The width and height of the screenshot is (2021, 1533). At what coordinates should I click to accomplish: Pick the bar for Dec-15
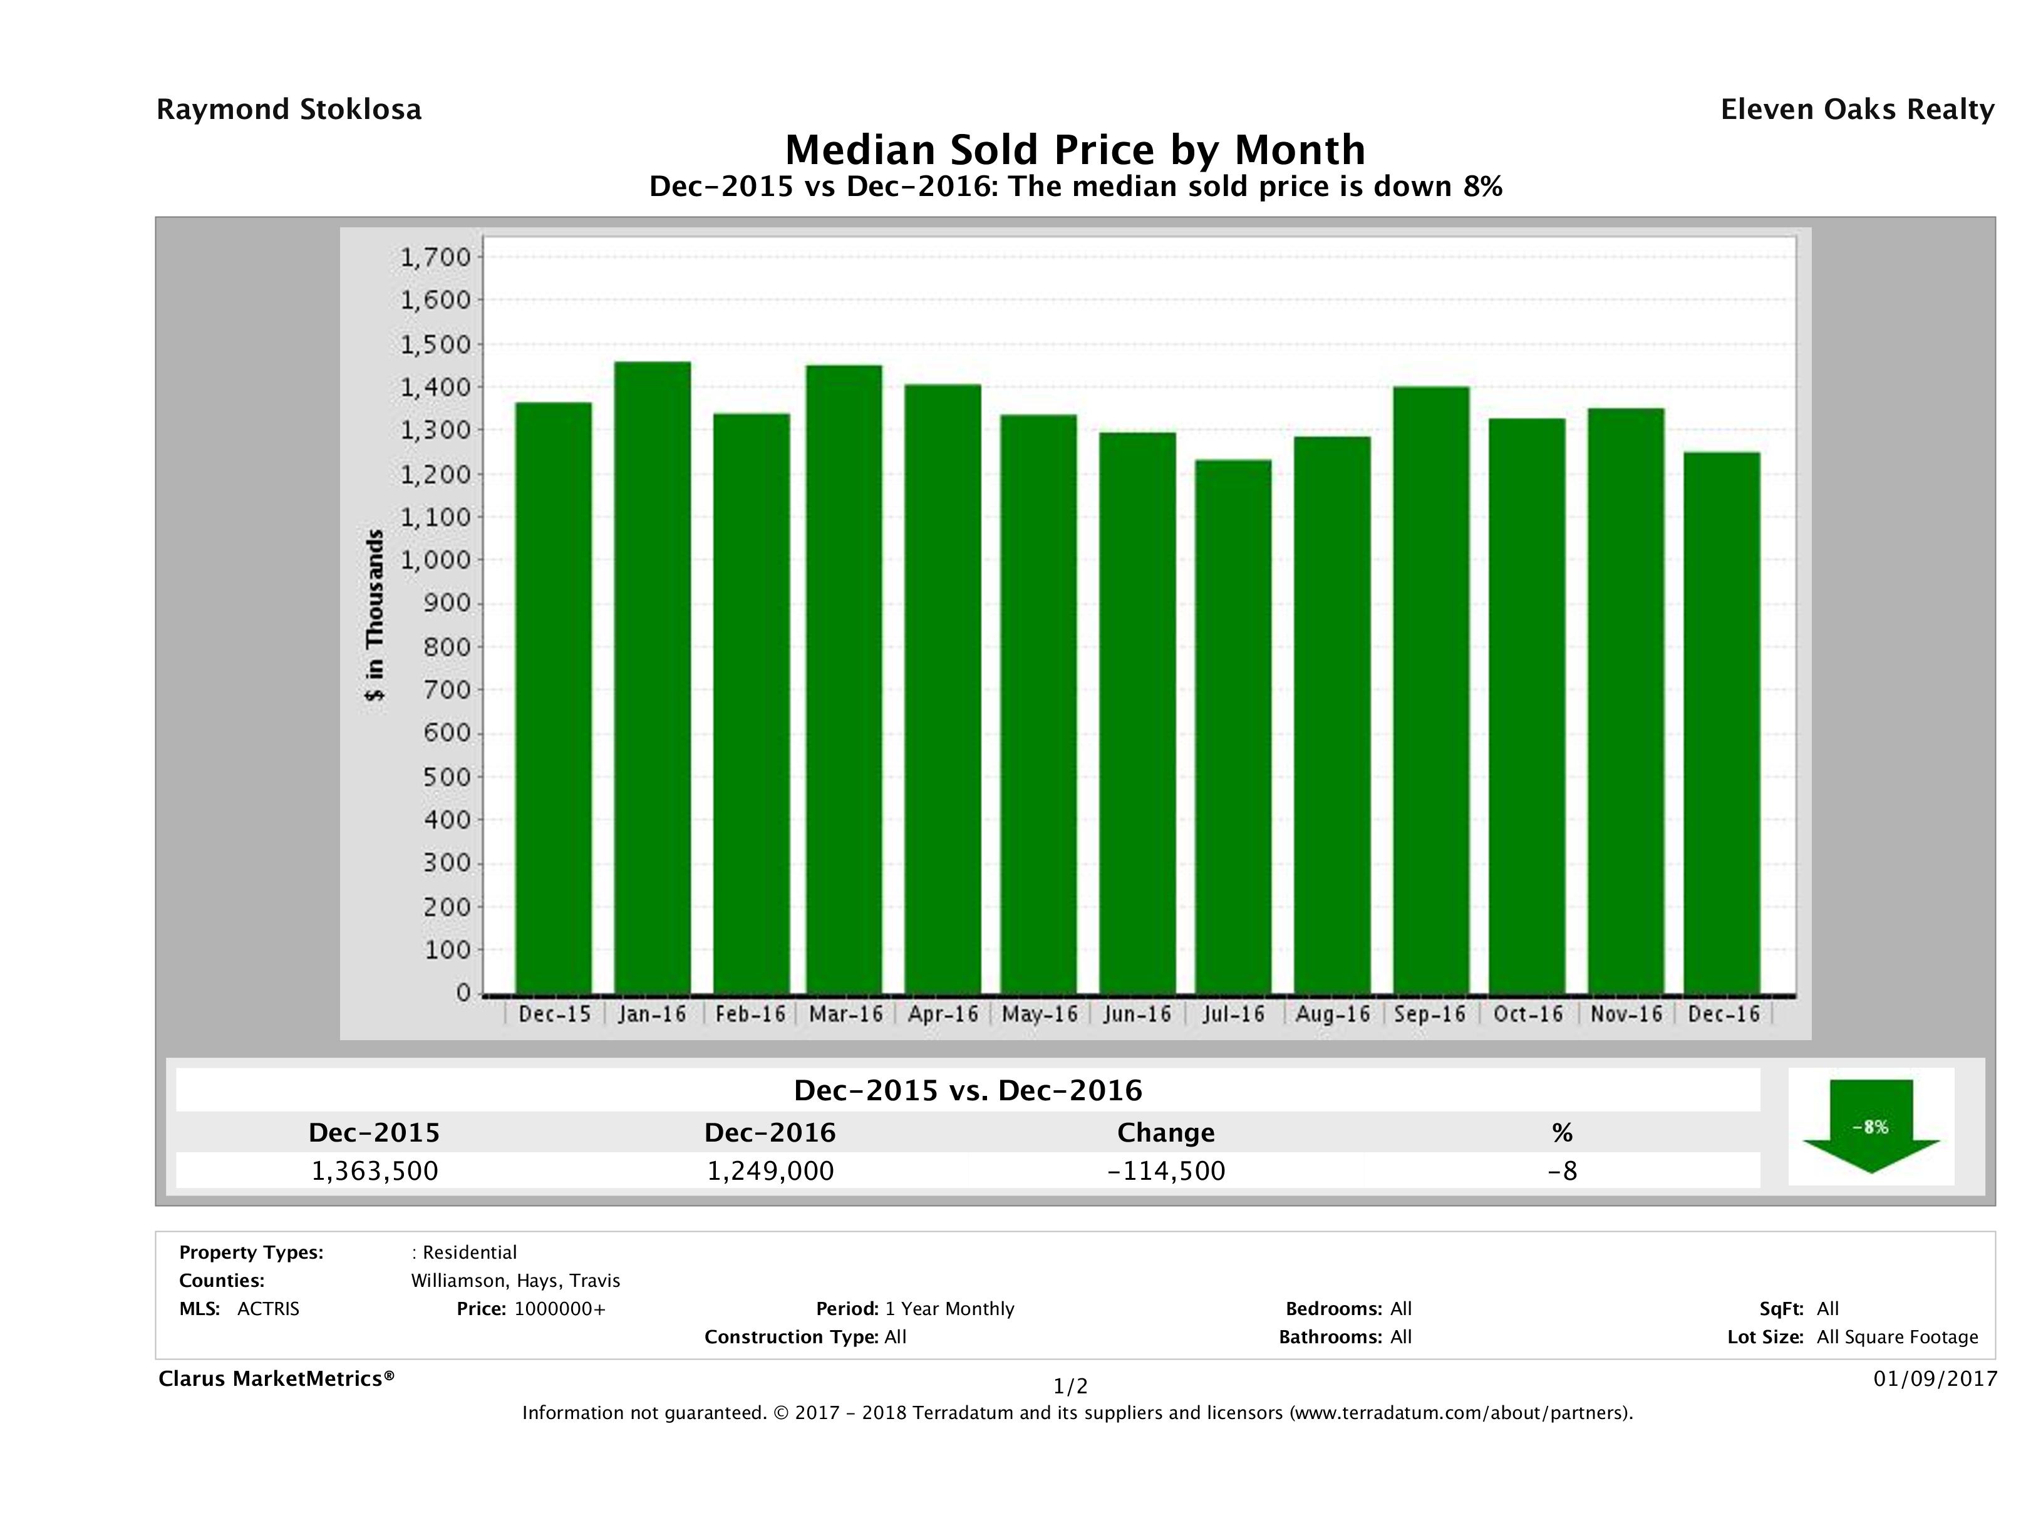pyautogui.click(x=553, y=698)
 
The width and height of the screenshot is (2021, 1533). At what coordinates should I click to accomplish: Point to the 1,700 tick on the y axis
pyautogui.click(x=436, y=257)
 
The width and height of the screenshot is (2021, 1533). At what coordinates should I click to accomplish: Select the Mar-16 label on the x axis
pyautogui.click(x=845, y=1014)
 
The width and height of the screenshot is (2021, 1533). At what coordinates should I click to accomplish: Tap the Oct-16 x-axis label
pyautogui.click(x=1527, y=1014)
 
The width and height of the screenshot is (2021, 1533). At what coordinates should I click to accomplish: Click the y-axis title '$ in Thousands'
pyautogui.click(x=375, y=615)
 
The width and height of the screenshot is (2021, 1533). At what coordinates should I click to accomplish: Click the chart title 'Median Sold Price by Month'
pyautogui.click(x=1075, y=149)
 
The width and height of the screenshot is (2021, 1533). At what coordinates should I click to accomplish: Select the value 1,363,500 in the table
pyautogui.click(x=375, y=1170)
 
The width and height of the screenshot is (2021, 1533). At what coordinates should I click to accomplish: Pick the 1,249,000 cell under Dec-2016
pyautogui.click(x=770, y=1170)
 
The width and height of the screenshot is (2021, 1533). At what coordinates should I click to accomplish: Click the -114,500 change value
pyautogui.click(x=1166, y=1170)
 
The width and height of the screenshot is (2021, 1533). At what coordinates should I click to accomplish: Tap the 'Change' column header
pyautogui.click(x=1166, y=1133)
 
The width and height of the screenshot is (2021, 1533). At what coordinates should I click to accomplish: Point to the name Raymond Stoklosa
pyautogui.click(x=289, y=110)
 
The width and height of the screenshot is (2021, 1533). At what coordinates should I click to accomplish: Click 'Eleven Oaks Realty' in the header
pyautogui.click(x=1856, y=110)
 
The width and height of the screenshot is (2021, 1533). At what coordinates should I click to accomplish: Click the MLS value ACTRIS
pyautogui.click(x=267, y=1309)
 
